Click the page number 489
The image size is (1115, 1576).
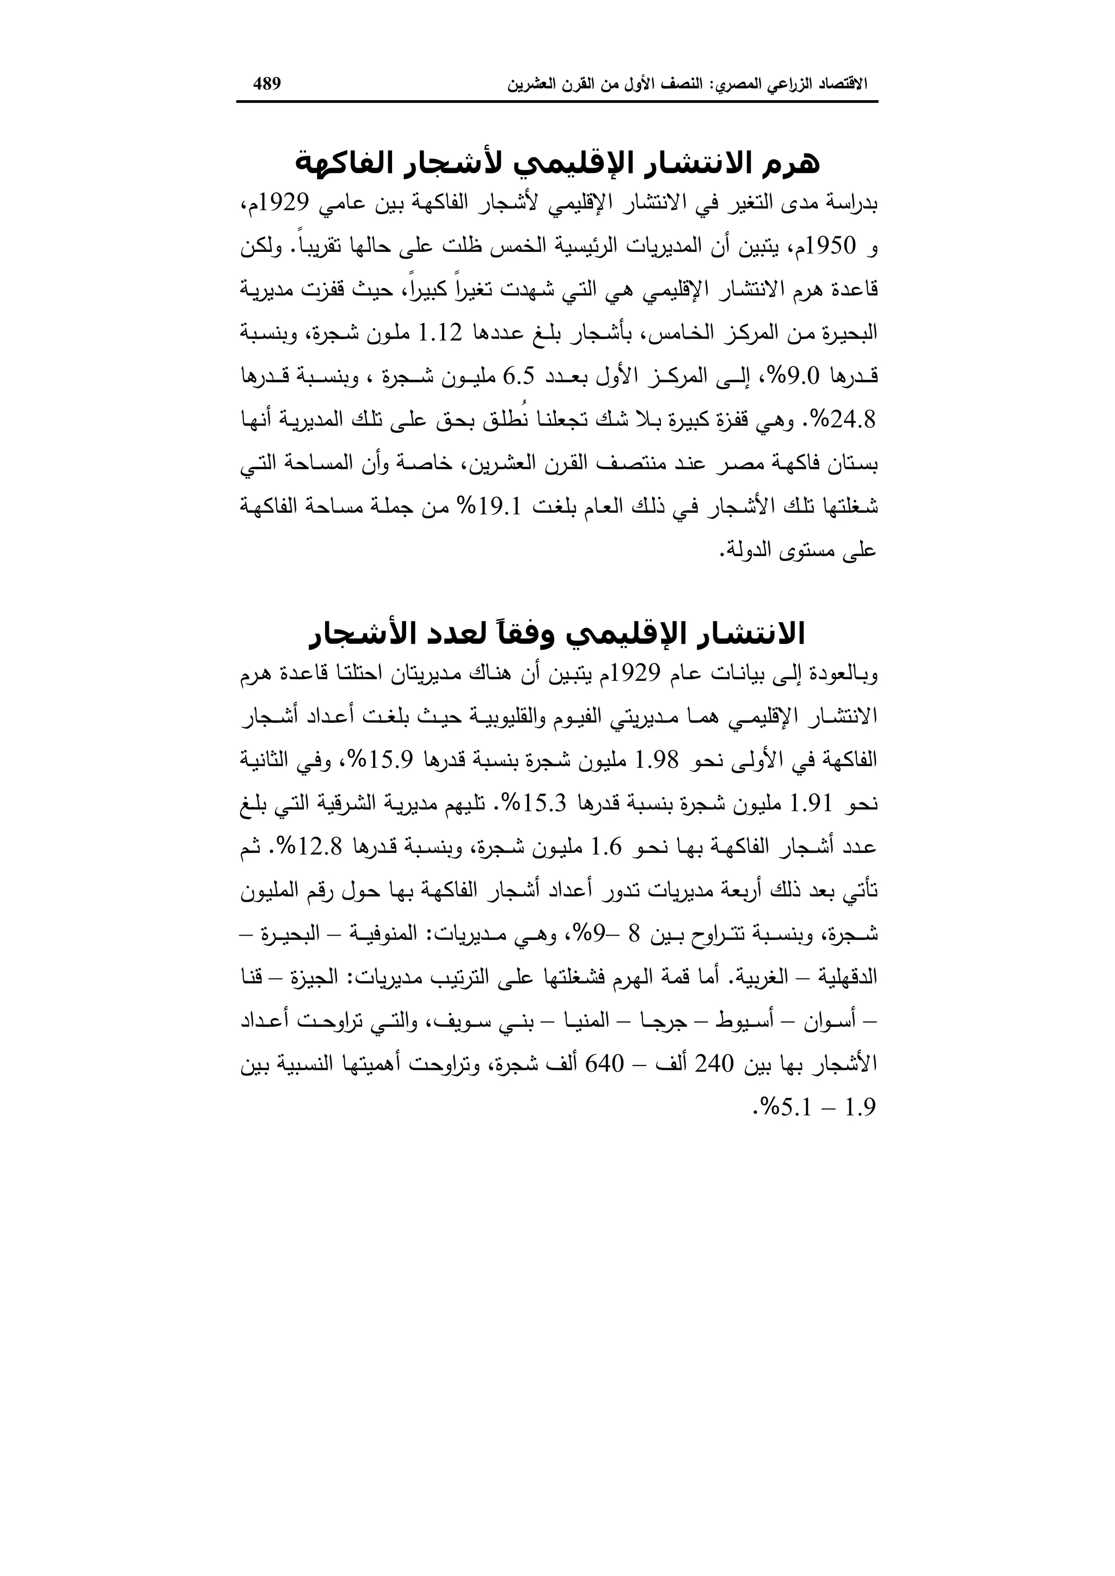pyautogui.click(x=267, y=84)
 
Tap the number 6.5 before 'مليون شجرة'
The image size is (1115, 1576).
pyautogui.click(x=520, y=377)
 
